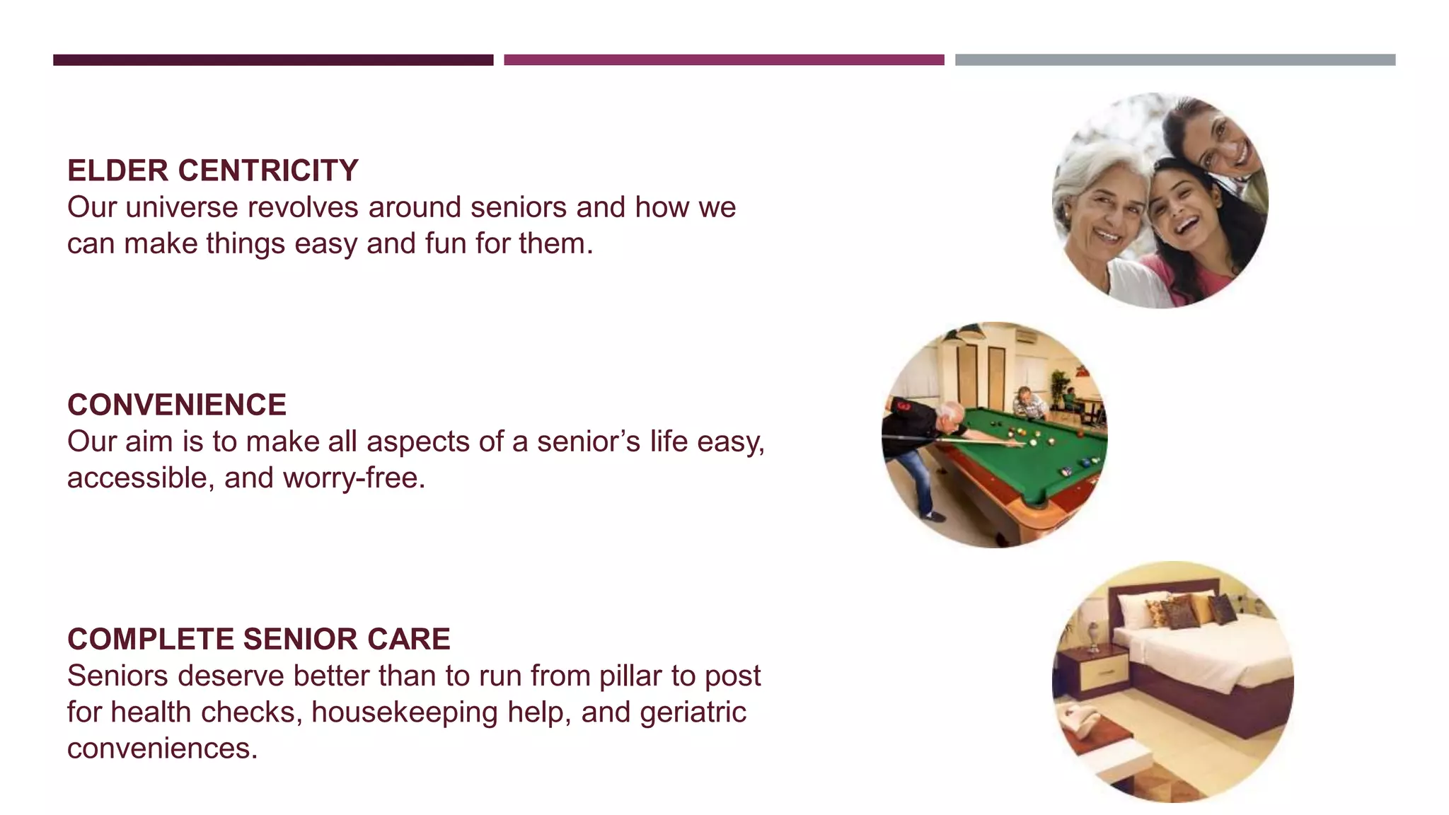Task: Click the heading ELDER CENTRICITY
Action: point(212,171)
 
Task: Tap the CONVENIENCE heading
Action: point(177,405)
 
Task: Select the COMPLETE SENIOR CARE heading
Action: point(258,640)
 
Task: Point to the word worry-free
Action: point(354,478)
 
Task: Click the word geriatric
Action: point(693,712)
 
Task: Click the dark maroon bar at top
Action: point(273,60)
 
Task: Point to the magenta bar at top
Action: point(724,60)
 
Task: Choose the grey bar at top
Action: point(1174,60)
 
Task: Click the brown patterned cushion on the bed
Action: point(1180,612)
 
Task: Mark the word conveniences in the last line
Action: point(162,748)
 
